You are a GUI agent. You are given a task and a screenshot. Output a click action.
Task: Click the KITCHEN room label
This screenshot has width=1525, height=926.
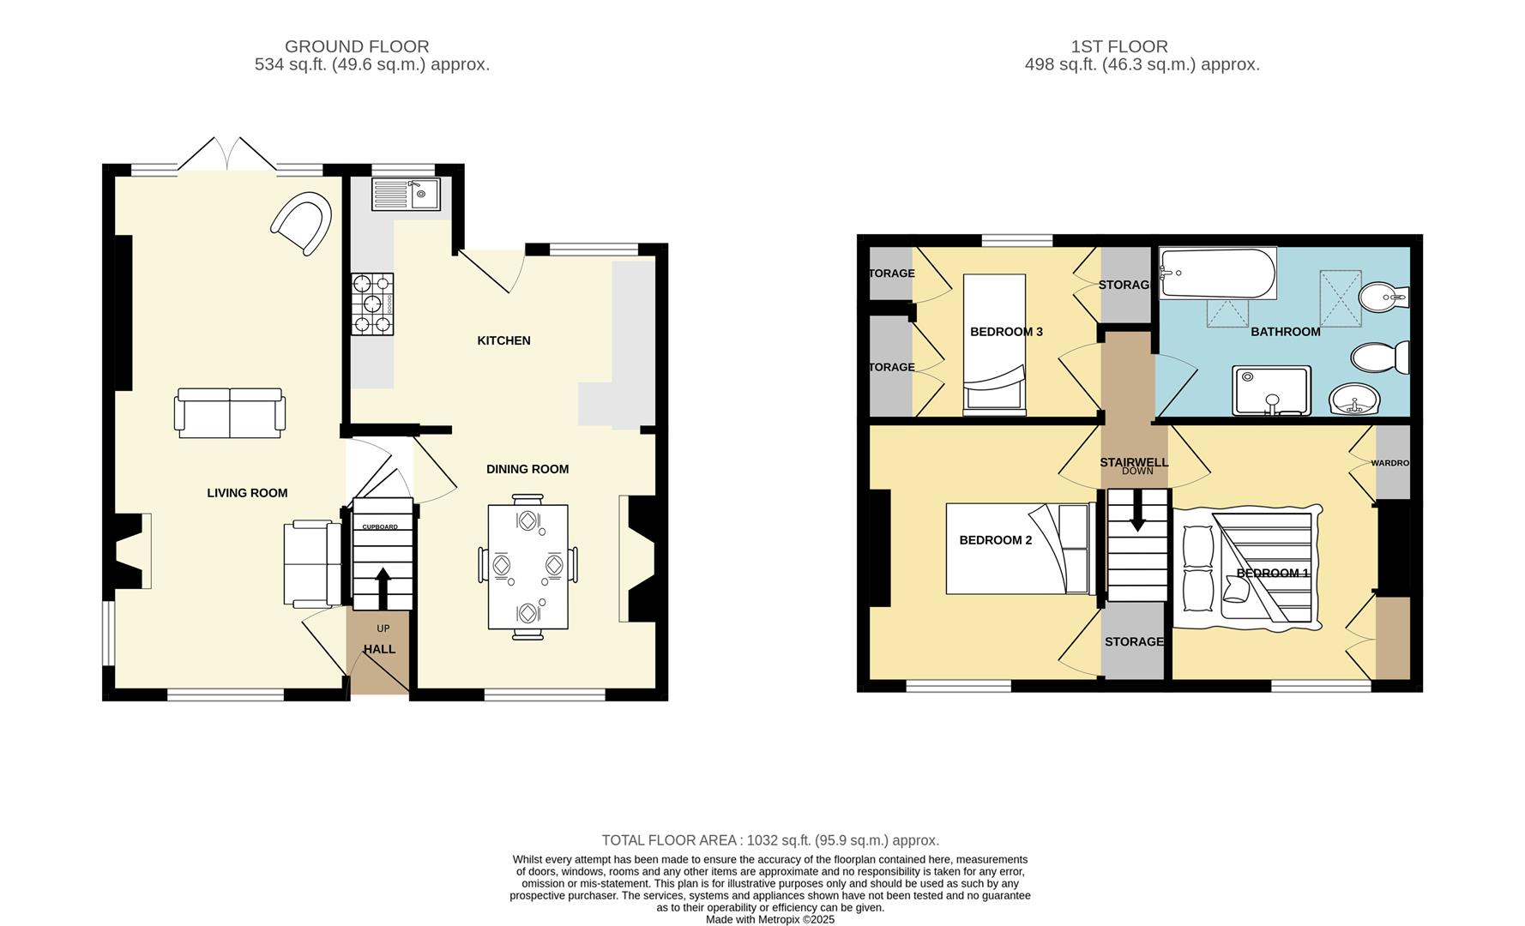(x=503, y=340)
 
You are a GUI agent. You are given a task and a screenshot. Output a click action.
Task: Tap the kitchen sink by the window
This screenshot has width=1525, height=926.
(x=405, y=195)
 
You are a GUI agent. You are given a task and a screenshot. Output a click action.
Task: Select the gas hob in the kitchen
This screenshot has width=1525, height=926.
(x=372, y=304)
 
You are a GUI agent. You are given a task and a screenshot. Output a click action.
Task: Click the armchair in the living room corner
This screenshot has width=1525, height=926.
(x=302, y=224)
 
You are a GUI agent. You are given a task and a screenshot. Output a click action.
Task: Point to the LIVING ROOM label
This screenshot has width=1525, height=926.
(x=247, y=493)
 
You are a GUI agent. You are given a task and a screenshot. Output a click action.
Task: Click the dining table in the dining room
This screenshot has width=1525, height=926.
(x=527, y=566)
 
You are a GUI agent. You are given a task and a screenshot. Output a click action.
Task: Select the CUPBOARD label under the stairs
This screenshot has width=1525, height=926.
(x=380, y=526)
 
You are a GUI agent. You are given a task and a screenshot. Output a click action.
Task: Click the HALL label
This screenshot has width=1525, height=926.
(x=379, y=649)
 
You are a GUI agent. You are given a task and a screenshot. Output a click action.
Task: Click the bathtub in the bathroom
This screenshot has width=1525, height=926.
(x=1217, y=274)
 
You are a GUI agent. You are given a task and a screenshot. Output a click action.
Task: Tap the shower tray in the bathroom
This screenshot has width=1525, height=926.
(x=1271, y=391)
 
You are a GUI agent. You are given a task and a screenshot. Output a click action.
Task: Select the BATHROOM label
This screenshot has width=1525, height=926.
(x=1285, y=332)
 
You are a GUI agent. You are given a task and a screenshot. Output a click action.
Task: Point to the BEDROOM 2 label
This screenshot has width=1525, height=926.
(x=995, y=540)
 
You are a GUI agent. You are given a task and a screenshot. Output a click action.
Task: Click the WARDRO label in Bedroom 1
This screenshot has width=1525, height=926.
(x=1389, y=463)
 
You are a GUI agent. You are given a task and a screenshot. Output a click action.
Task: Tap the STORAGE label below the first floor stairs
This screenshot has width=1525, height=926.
(x=1133, y=641)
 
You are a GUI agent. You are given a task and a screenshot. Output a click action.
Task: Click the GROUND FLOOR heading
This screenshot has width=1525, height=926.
(x=357, y=46)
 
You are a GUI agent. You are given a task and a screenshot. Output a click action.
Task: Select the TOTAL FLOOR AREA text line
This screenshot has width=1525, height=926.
(x=769, y=840)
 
